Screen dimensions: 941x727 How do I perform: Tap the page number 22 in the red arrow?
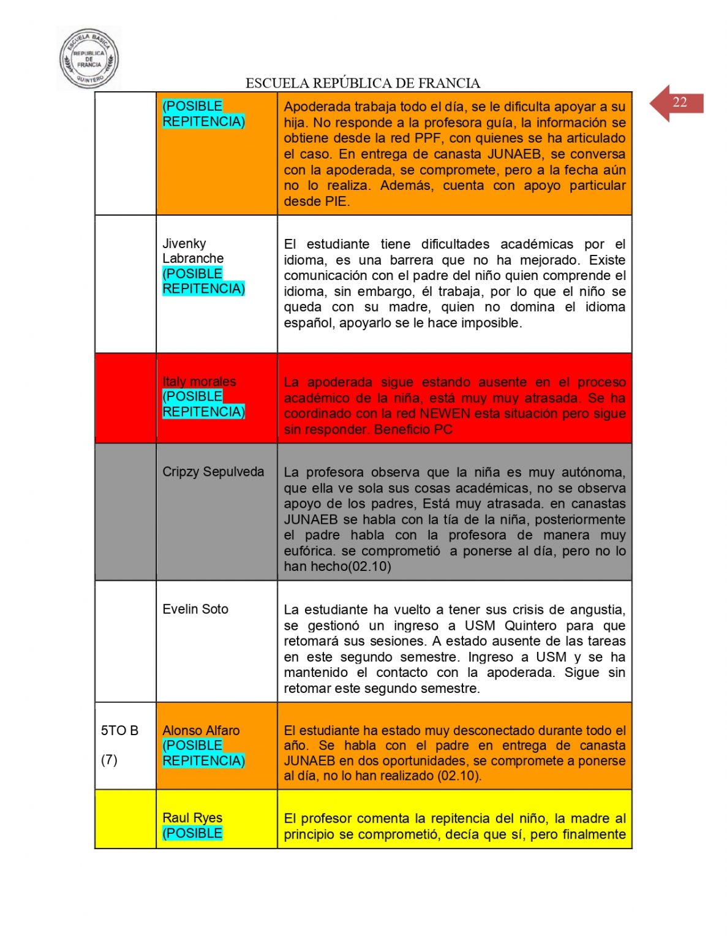click(x=679, y=102)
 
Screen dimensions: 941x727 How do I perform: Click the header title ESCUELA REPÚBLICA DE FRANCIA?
click(x=363, y=83)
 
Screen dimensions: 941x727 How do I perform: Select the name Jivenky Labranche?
click(x=192, y=251)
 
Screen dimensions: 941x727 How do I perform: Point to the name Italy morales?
click(x=199, y=382)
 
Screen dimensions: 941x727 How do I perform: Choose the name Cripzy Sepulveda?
click(x=213, y=472)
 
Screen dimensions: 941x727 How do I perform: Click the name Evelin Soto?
click(x=195, y=609)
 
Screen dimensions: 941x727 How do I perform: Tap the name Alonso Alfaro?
click(x=201, y=730)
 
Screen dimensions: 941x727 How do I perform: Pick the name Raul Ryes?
click(x=192, y=818)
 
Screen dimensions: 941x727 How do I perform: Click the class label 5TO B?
click(x=119, y=730)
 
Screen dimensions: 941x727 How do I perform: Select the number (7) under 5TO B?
click(x=109, y=760)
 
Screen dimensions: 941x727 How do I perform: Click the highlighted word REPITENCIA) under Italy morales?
click(x=203, y=412)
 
